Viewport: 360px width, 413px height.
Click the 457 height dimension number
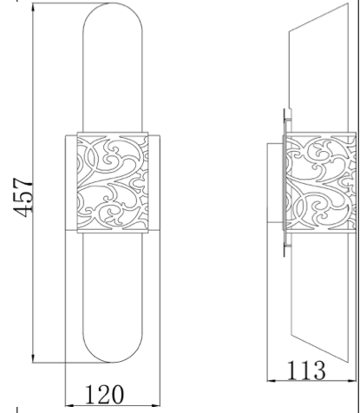coord(23,198)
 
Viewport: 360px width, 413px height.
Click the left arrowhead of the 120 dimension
coord(70,401)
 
